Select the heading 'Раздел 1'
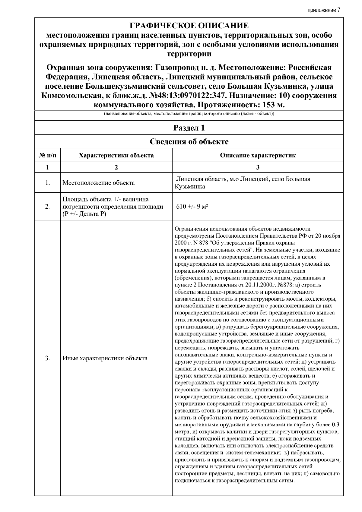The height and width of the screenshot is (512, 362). (189, 128)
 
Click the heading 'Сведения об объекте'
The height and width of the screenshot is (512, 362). (189, 141)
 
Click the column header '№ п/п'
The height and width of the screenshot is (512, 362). (47, 156)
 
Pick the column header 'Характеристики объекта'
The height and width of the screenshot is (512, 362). (116, 156)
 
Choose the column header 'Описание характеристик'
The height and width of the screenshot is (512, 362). (258, 156)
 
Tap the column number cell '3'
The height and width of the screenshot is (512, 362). (258, 167)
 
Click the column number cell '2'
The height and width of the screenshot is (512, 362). (116, 167)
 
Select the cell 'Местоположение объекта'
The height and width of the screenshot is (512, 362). (98, 183)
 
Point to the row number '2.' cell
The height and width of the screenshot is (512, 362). (47, 207)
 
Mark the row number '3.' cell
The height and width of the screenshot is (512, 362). (47, 358)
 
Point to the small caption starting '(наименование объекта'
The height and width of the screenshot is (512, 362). (189, 114)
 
